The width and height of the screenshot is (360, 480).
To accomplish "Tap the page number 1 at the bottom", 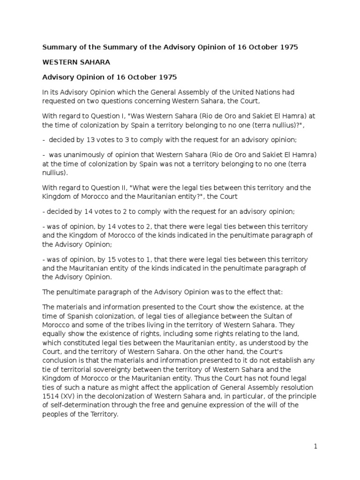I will [316, 447].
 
